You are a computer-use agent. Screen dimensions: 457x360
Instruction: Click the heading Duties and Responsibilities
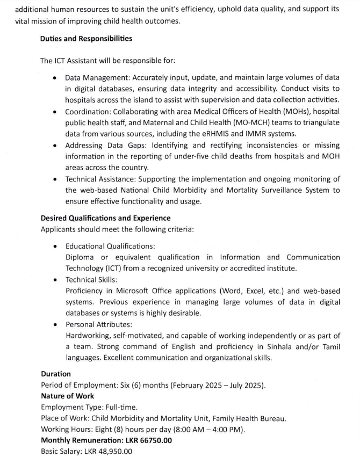pos(87,39)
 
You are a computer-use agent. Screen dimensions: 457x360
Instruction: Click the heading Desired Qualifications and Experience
pos(106,218)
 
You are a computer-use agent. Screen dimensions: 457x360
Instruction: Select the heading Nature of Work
pos(67,396)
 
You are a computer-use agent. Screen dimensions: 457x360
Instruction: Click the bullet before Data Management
pos(55,78)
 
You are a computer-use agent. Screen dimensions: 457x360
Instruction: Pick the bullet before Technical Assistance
pos(55,179)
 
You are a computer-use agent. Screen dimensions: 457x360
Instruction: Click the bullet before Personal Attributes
pos(55,325)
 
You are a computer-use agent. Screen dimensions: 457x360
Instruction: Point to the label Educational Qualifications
pos(110,246)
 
